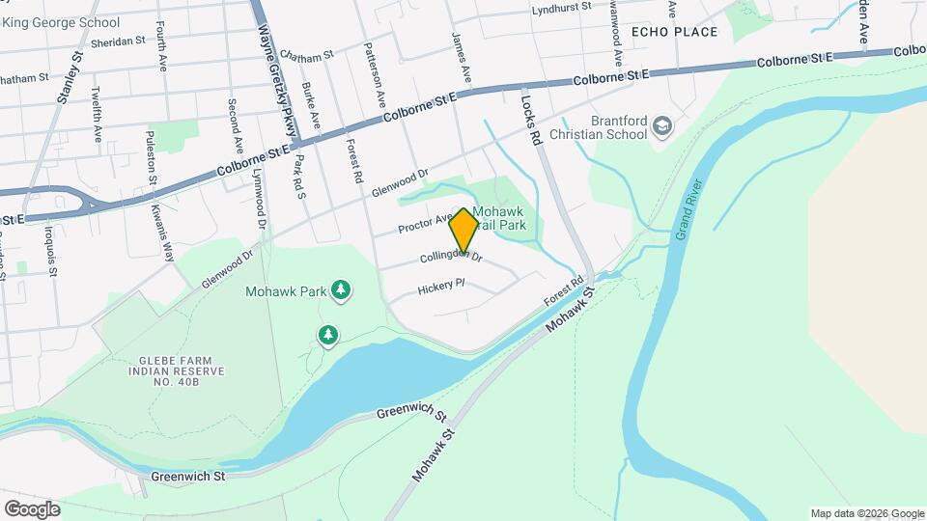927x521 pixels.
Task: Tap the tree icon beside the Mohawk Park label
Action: pos(340,289)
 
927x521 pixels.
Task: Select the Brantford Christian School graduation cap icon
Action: pos(661,126)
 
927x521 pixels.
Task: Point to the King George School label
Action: pos(60,22)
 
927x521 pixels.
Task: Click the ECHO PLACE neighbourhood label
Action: pos(675,32)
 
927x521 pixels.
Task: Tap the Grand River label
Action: pos(687,208)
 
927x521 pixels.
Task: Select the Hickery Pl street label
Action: pos(441,288)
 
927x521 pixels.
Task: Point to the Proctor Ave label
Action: pos(426,225)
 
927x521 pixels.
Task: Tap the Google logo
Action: pos(32,509)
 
